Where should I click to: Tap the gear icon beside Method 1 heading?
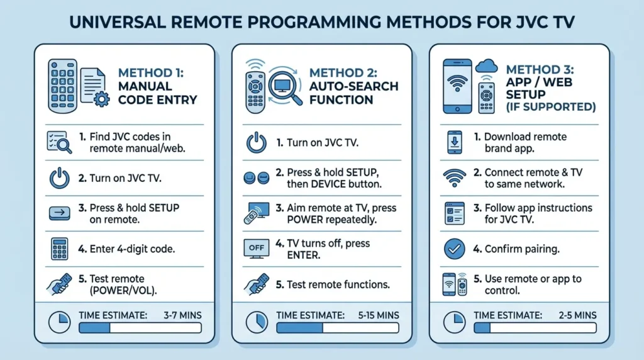pyautogui.click(x=100, y=99)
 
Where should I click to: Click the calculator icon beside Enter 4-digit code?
pyautogui.click(x=60, y=249)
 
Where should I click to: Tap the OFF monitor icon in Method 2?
pyautogui.click(x=257, y=248)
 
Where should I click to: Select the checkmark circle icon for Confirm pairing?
pyautogui.click(x=454, y=249)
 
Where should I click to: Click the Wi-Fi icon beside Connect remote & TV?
pyautogui.click(x=454, y=178)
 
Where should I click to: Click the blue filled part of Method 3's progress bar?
pyautogui.click(x=481, y=328)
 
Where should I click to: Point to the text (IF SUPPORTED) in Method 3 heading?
pyautogui.click(x=551, y=107)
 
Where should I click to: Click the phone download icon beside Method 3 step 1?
pyautogui.click(x=454, y=143)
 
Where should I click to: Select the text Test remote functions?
pyautogui.click(x=338, y=284)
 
